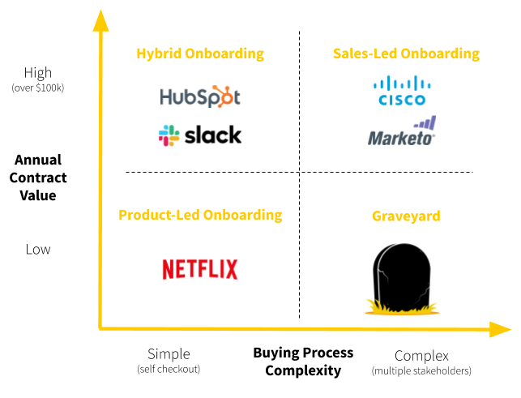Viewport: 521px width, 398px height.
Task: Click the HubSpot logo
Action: [x=200, y=96]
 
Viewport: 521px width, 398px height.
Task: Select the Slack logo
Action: [x=200, y=135]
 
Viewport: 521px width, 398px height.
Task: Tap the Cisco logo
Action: [x=402, y=91]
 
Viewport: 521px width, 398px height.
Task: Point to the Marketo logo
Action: [x=402, y=132]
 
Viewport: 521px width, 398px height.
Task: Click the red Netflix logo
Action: [x=200, y=269]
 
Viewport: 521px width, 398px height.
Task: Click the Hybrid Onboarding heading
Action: [x=200, y=53]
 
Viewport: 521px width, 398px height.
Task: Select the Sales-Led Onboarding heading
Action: [x=406, y=53]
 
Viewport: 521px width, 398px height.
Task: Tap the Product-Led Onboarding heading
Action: [x=200, y=215]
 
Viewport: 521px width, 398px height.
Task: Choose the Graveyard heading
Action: [x=406, y=216]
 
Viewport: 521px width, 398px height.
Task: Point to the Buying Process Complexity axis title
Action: [x=303, y=362]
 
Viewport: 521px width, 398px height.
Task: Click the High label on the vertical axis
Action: [x=38, y=73]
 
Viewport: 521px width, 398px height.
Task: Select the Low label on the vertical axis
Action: [x=38, y=249]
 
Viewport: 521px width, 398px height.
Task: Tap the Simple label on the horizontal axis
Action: [x=169, y=354]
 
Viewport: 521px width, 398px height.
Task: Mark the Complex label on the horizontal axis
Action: [x=421, y=356]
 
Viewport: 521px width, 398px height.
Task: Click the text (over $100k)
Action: [x=38, y=88]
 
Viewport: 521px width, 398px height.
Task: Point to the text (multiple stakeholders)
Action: [x=421, y=371]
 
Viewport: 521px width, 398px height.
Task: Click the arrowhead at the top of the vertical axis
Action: [x=100, y=19]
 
